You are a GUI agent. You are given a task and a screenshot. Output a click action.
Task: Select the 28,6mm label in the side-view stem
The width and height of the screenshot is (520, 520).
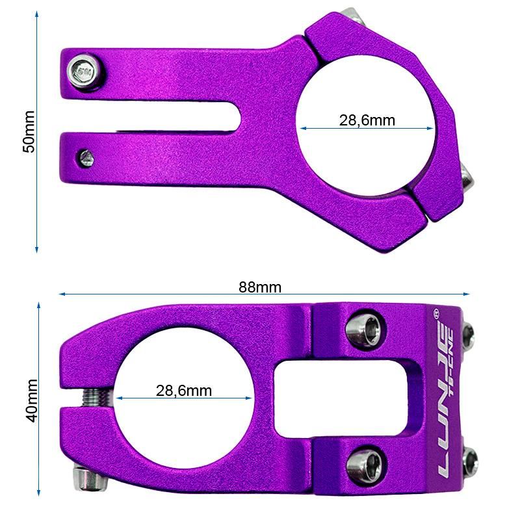[x=367, y=120]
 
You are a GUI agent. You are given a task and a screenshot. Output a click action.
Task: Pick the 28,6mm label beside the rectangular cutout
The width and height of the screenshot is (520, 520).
[x=184, y=390]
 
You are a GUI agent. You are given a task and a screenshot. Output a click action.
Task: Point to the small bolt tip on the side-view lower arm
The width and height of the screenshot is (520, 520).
[x=85, y=157]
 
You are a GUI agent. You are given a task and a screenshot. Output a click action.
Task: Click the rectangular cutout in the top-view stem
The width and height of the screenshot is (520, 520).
[x=343, y=398]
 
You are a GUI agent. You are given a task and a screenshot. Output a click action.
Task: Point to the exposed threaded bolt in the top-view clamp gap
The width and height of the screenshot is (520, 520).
[x=97, y=396]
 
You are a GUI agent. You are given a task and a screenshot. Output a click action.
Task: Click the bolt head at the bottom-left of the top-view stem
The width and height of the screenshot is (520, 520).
[x=89, y=478]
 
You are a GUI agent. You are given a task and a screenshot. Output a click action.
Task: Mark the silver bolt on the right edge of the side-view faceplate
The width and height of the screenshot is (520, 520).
[x=465, y=177]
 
